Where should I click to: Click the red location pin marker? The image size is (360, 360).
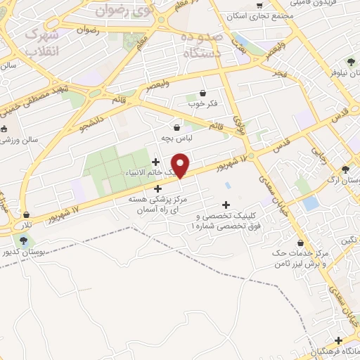(x=181, y=165)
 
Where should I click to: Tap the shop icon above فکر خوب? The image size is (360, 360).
(x=203, y=93)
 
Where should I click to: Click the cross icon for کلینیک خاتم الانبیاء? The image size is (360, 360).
(x=155, y=162)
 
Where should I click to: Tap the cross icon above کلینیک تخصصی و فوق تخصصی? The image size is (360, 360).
(x=225, y=205)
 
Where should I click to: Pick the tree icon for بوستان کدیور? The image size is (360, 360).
(x=24, y=240)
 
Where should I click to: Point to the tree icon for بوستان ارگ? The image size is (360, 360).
(x=345, y=169)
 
